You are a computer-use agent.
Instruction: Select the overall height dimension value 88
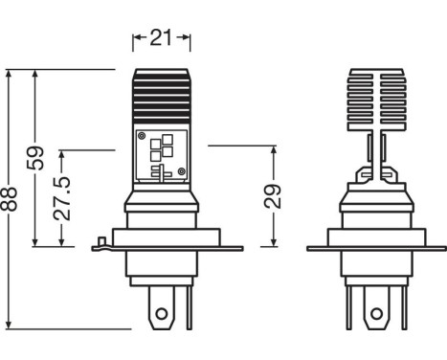(x=12, y=199)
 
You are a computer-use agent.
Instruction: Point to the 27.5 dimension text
(x=64, y=197)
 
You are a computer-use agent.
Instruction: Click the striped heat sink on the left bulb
(x=160, y=97)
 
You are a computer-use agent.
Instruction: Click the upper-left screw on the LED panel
(x=143, y=136)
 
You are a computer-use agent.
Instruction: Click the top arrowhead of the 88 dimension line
(x=12, y=73)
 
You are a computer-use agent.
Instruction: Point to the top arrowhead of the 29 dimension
(x=274, y=148)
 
